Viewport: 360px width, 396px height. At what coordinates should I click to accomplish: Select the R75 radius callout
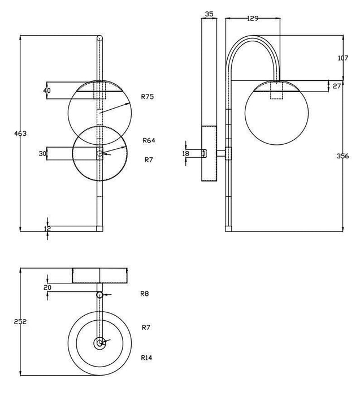(x=148, y=97)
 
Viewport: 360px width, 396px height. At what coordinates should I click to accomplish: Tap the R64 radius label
(x=149, y=140)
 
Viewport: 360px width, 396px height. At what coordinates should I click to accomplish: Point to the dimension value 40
(x=47, y=91)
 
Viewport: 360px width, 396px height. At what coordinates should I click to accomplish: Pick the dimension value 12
(x=47, y=229)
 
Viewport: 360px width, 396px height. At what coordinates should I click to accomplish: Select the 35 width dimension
(x=209, y=14)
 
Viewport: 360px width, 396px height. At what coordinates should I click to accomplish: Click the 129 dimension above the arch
(x=253, y=18)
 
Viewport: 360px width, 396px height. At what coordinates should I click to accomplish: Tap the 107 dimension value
(x=343, y=58)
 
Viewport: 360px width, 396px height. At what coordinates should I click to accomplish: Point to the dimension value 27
(x=337, y=86)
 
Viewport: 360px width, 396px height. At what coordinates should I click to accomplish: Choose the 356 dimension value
(x=343, y=156)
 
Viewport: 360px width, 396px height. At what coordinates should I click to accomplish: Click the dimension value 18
(x=186, y=153)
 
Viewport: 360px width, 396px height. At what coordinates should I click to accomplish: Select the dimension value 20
(x=47, y=288)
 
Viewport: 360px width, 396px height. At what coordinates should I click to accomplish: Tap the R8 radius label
(x=145, y=294)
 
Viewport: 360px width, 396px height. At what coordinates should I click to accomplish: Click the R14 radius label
(x=147, y=358)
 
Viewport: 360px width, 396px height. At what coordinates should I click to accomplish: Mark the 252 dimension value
(x=21, y=321)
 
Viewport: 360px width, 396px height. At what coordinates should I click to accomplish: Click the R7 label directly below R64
(x=148, y=160)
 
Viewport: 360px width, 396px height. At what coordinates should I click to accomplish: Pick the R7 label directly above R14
(x=146, y=328)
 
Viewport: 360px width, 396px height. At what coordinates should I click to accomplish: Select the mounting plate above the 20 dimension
(x=101, y=275)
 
